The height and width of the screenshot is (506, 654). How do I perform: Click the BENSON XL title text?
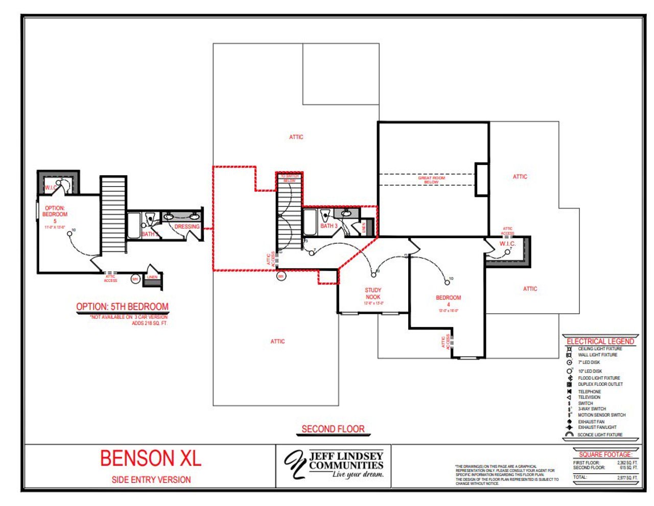click(151, 458)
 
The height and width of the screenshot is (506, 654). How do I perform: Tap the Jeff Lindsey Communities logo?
click(334, 464)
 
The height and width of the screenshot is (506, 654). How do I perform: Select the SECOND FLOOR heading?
click(333, 429)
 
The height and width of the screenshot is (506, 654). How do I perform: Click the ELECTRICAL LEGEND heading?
click(600, 341)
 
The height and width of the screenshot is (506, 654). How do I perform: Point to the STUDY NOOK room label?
click(373, 293)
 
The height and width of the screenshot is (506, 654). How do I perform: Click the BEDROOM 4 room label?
click(448, 301)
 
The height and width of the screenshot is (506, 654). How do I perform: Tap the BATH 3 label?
click(329, 225)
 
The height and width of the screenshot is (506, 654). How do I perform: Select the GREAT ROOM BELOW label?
click(432, 180)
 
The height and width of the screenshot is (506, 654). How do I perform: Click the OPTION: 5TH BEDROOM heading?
click(122, 307)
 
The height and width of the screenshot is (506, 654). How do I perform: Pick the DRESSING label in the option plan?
click(187, 226)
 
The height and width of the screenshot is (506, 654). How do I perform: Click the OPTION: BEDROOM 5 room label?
click(55, 214)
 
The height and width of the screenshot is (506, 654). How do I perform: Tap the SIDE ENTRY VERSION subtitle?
click(151, 479)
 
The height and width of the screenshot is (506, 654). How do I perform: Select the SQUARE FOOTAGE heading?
click(605, 454)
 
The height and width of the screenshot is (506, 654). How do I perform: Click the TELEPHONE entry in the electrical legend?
click(589, 392)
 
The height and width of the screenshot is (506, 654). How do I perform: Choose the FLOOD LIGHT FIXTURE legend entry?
click(599, 378)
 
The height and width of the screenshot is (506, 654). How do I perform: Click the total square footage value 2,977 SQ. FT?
click(627, 477)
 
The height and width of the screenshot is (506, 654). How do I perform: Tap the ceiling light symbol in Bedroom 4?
click(447, 282)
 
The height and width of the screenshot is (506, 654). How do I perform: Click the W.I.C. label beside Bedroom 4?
click(507, 244)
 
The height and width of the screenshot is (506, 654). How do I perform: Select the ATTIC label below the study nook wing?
click(277, 341)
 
